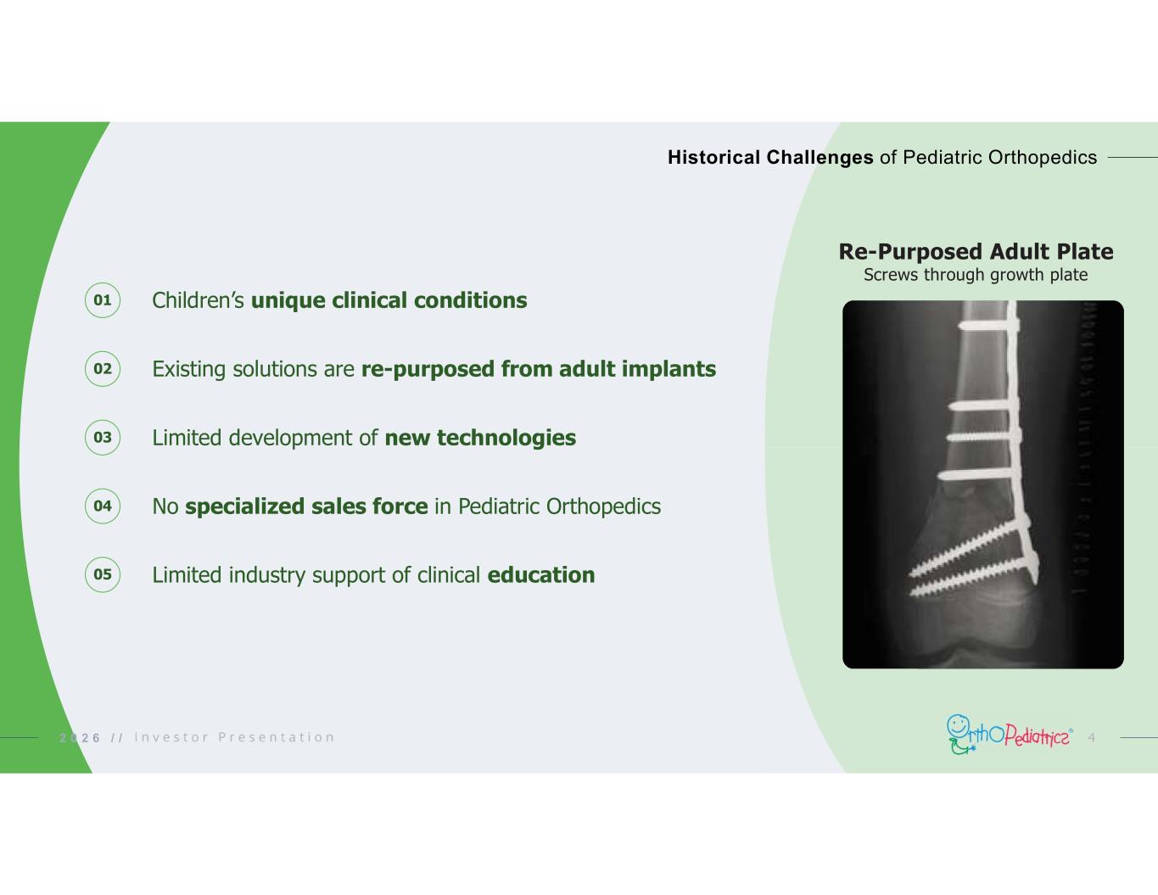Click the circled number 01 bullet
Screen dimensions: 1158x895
tap(103, 300)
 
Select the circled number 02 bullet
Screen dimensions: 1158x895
tap(103, 369)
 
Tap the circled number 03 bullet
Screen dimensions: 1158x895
tap(103, 438)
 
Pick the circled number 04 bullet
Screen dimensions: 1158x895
tap(103, 506)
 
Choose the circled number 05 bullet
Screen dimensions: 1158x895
tap(103, 574)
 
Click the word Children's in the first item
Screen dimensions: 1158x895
tap(198, 300)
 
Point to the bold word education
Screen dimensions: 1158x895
tap(541, 575)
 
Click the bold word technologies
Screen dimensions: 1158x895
tap(506, 439)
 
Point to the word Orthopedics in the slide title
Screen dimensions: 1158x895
tap(1043, 158)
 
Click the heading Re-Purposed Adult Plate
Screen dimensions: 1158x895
tap(976, 251)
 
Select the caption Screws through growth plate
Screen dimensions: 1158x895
tap(976, 275)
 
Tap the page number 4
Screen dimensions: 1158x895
tap(1091, 737)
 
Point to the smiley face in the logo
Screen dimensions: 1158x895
tap(957, 724)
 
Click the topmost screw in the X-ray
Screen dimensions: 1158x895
tap(988, 325)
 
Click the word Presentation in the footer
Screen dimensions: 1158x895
tap(276, 737)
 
